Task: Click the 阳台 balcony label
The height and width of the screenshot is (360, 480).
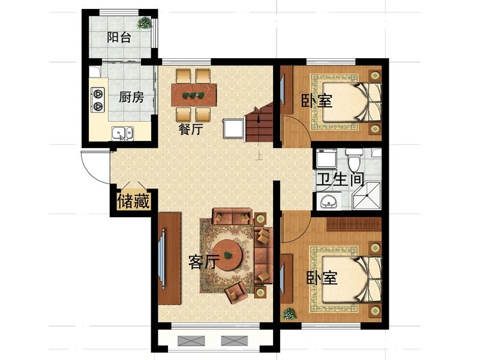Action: pos(119,37)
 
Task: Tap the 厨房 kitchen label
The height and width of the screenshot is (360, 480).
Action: pos(131,98)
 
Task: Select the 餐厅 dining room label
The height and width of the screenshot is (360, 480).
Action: pos(191,129)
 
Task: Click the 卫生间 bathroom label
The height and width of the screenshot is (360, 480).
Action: pos(340,179)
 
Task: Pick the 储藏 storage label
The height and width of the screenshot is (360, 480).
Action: pos(133,202)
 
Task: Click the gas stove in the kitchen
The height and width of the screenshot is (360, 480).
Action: pos(98,99)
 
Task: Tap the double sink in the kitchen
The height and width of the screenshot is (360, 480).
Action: pos(123,133)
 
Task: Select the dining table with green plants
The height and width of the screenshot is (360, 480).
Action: pos(194,95)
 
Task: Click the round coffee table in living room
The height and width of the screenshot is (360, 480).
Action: pos(228,254)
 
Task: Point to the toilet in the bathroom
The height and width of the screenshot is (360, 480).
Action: pos(354,160)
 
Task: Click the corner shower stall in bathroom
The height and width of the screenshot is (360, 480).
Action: pos(367,196)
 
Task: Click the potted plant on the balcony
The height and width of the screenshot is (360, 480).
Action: pos(144,23)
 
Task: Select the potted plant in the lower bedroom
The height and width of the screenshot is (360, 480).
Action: pos(289,314)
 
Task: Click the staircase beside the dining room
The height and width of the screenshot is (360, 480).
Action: pos(259,123)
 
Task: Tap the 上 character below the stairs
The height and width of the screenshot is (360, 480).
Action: pos(259,157)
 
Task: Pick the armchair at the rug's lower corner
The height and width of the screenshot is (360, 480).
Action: pos(236,292)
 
